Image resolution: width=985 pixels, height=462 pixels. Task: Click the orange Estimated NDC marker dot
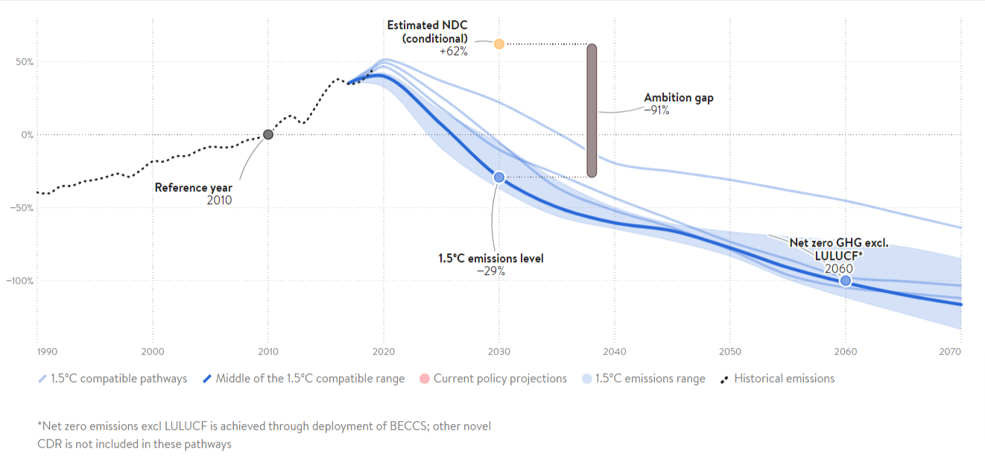[499, 44]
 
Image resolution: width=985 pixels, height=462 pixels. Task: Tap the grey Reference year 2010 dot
[268, 134]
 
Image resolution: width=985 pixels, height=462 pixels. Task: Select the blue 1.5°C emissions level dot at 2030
[499, 177]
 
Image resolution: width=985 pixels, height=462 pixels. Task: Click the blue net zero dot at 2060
[845, 280]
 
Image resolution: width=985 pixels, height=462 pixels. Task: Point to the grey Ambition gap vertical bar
[592, 110]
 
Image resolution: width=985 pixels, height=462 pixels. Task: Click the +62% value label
[453, 51]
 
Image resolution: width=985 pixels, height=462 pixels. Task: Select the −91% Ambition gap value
[656, 110]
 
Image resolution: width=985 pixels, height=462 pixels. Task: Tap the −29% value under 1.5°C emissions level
[491, 271]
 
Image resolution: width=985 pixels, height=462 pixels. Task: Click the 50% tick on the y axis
[23, 62]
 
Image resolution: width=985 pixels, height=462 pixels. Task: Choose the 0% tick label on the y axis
[26, 135]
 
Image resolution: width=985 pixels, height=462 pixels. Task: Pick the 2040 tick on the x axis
[615, 351]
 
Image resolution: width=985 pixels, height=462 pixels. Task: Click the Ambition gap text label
[678, 98]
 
